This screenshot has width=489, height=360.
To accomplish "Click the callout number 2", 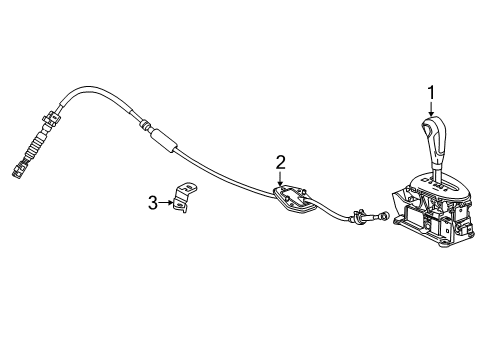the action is click(281, 162).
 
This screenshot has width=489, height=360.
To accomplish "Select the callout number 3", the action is click(153, 203).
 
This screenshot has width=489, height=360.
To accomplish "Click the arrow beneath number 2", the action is click(281, 177).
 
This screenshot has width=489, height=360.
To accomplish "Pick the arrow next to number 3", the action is click(167, 203).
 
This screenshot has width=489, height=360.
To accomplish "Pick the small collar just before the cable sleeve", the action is click(147, 126).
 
